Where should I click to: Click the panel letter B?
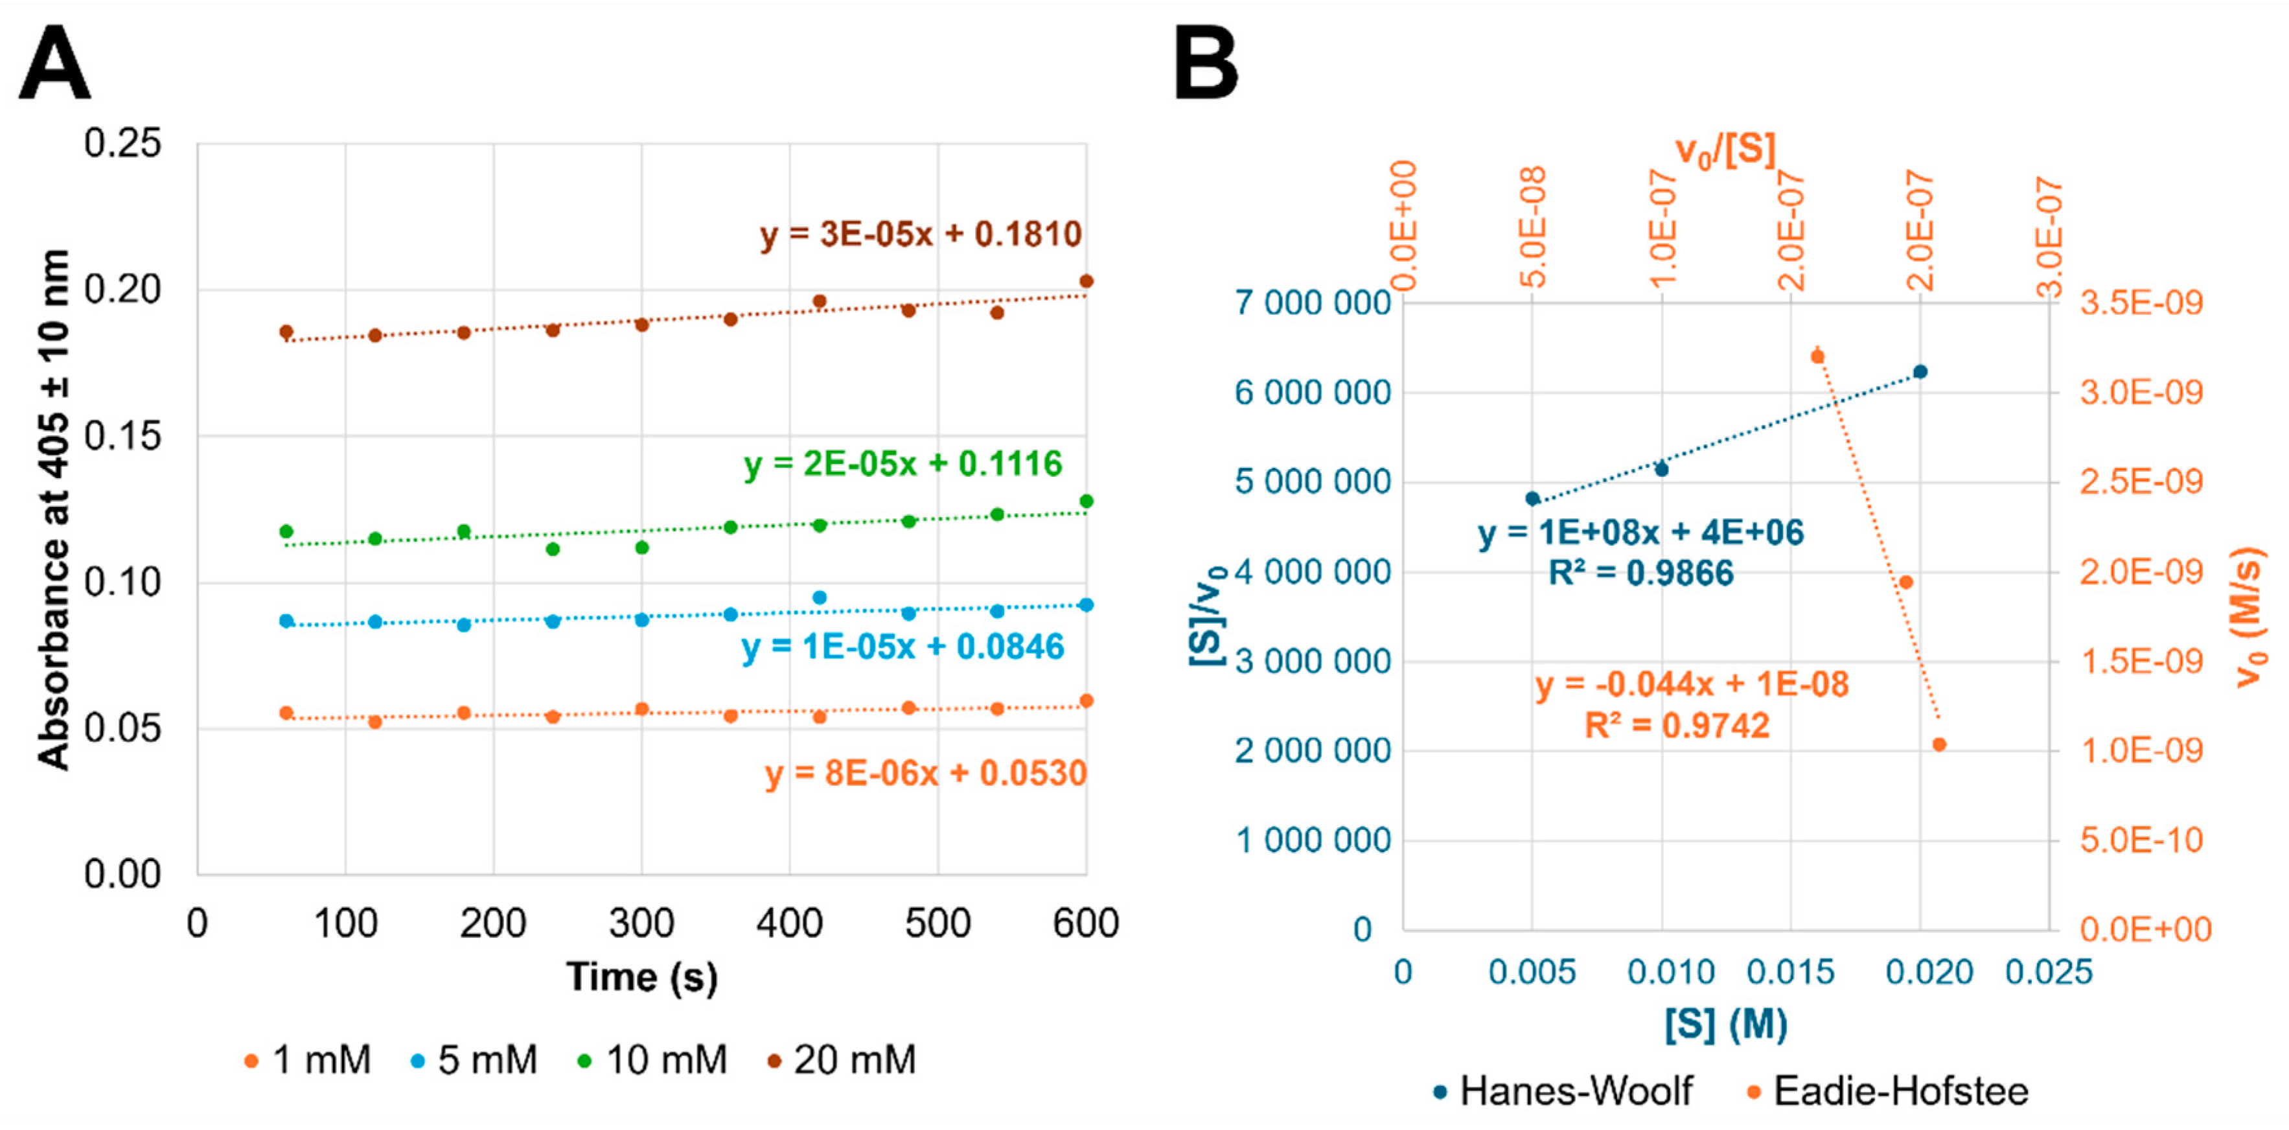point(1206,64)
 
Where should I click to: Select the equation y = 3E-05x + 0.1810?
point(921,235)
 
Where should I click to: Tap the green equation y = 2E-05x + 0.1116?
point(903,464)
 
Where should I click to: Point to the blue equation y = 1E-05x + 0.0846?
point(903,647)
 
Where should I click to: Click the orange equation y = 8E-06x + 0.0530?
point(926,774)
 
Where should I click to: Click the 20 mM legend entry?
point(842,1060)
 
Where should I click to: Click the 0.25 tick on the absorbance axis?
point(122,143)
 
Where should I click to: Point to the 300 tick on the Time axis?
point(641,924)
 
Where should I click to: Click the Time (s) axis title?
point(641,977)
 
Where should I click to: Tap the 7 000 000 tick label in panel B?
point(1313,303)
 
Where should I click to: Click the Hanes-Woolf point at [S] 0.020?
point(1920,372)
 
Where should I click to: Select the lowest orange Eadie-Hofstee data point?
point(1939,744)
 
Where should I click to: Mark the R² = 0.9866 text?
point(1640,573)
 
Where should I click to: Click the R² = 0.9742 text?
point(1677,726)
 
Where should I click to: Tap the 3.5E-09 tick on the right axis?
point(2141,303)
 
